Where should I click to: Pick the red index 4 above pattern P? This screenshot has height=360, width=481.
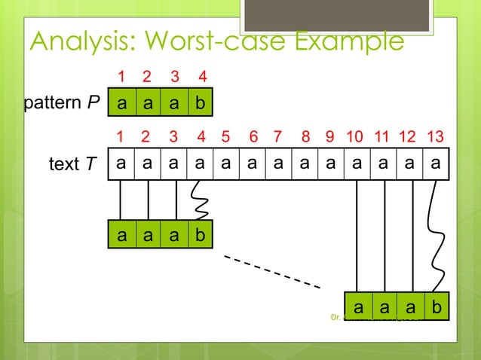click(202, 77)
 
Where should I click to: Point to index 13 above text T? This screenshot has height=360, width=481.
click(435, 137)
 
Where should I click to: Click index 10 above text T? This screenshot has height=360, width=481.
click(354, 137)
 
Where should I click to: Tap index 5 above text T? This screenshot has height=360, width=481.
click(225, 137)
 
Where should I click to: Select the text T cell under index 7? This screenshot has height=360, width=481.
click(277, 163)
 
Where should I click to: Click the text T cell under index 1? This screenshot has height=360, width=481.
click(121, 163)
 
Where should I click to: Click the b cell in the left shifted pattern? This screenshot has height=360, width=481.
click(200, 234)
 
